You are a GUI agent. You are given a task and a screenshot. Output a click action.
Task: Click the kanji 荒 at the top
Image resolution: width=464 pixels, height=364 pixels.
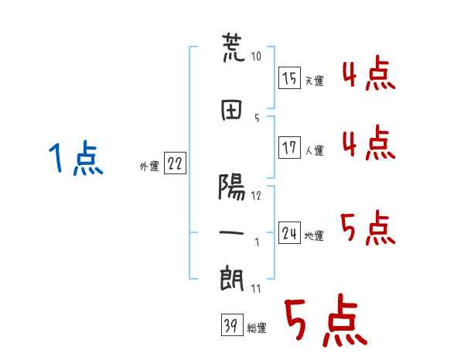(x=234, y=48)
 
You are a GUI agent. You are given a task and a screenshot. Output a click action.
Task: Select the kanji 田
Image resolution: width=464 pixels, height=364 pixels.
(x=231, y=110)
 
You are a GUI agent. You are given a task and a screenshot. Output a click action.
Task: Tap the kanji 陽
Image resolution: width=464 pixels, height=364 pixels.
(x=232, y=187)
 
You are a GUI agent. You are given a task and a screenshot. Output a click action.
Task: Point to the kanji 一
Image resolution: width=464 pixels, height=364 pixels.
(x=231, y=232)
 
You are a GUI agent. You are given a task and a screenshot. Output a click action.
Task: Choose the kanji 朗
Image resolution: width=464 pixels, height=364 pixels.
(x=232, y=279)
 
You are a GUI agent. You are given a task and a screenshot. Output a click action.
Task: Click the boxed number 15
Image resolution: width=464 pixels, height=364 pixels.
(x=289, y=77)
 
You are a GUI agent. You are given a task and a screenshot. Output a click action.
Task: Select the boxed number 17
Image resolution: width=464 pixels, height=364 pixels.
(x=289, y=147)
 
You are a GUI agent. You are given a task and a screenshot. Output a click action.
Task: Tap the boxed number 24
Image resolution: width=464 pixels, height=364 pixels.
(x=289, y=232)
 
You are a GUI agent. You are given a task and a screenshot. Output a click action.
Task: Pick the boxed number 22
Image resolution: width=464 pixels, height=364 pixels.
(x=175, y=163)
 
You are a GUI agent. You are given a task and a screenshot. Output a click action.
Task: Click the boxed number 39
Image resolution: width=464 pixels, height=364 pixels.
(x=232, y=325)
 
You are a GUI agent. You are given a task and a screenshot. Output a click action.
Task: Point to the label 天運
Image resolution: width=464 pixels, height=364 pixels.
(x=315, y=81)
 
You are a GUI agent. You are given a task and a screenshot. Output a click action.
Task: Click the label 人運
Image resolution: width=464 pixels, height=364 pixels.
(x=315, y=150)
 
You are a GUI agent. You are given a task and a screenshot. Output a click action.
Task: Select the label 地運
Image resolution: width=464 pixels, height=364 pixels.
(x=314, y=235)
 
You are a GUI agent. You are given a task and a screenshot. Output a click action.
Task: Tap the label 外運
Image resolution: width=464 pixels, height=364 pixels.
(x=149, y=167)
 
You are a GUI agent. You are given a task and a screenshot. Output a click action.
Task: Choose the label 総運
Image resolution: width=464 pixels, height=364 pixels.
(x=257, y=328)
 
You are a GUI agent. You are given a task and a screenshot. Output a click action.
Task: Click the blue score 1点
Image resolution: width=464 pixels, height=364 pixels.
(x=76, y=158)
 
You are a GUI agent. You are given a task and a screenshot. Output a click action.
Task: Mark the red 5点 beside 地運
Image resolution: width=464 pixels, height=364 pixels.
(x=368, y=228)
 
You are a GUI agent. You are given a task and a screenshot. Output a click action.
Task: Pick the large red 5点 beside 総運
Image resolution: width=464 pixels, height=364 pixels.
(x=326, y=320)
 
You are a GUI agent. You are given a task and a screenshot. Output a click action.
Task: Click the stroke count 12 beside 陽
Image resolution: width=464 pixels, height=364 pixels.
(x=256, y=196)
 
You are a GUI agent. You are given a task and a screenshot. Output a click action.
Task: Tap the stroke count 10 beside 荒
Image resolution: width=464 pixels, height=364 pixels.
(x=256, y=56)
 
